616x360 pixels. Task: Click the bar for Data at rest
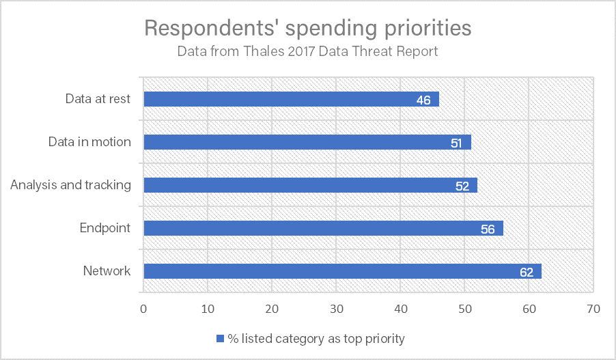click(x=291, y=100)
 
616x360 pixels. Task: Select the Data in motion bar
click(x=307, y=142)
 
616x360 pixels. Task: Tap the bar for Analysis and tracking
click(x=311, y=185)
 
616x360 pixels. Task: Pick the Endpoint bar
click(x=323, y=228)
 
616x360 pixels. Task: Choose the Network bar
click(x=342, y=271)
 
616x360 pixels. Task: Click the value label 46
click(x=423, y=100)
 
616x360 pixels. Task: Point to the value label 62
click(x=526, y=272)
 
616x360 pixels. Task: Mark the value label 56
click(x=488, y=229)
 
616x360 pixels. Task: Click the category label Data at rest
click(x=98, y=99)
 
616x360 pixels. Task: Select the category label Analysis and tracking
click(x=70, y=185)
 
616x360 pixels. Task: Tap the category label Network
click(x=107, y=271)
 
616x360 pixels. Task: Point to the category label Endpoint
click(x=105, y=228)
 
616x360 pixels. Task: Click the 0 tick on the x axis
click(x=143, y=309)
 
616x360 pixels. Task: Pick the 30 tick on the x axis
click(x=336, y=309)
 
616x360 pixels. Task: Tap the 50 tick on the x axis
click(x=464, y=309)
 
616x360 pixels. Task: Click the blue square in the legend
click(x=220, y=338)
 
